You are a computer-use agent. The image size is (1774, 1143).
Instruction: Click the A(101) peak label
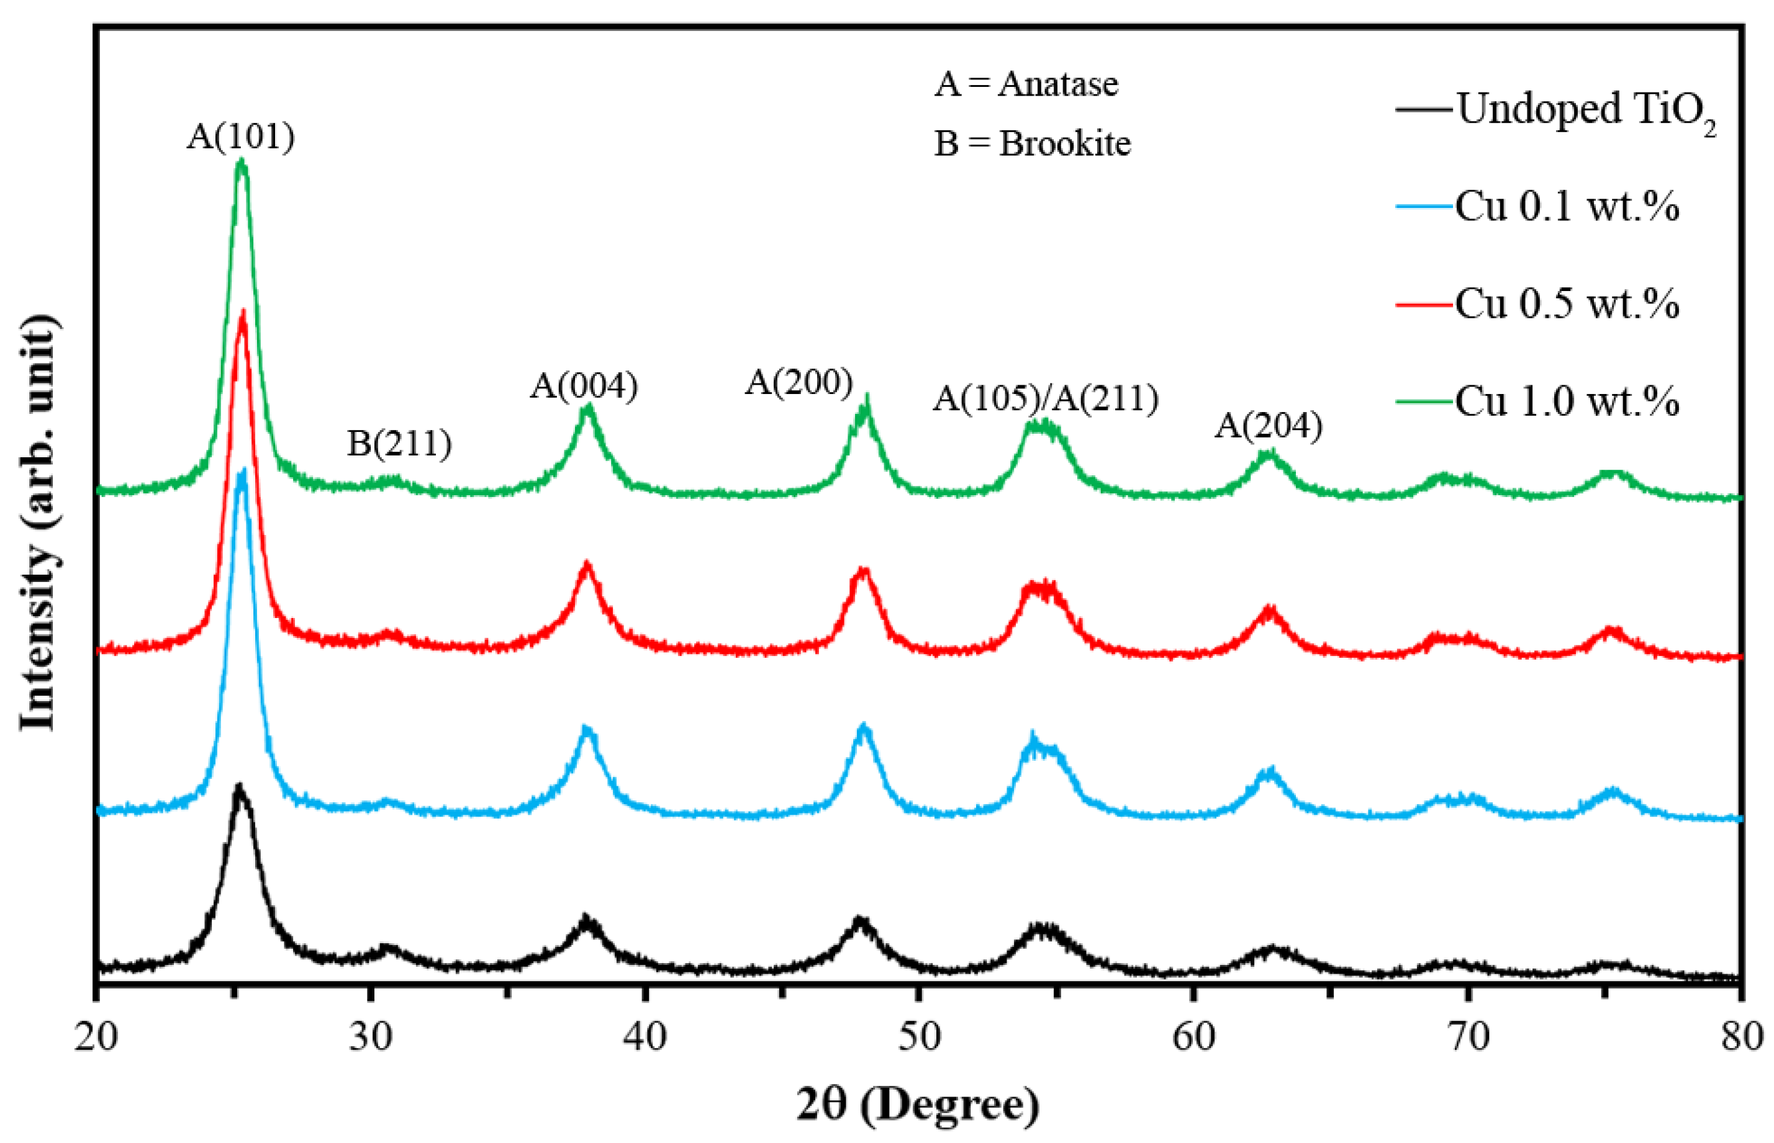coord(240,137)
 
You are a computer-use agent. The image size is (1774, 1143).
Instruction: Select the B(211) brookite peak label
coord(399,444)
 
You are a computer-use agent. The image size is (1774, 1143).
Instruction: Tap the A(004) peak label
coord(584,385)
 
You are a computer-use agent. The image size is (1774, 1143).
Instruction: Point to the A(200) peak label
coord(799,382)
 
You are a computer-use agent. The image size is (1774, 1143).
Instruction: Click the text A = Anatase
coord(1026,84)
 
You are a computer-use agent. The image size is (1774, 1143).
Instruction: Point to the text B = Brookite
coord(1032,143)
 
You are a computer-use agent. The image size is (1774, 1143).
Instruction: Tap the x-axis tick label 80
coord(1740,1037)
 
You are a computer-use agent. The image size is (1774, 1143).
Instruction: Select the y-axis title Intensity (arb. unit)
coord(38,523)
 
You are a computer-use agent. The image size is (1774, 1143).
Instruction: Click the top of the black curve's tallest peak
coord(239,785)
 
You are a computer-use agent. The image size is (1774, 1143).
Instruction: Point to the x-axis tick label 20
coord(96,1037)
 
